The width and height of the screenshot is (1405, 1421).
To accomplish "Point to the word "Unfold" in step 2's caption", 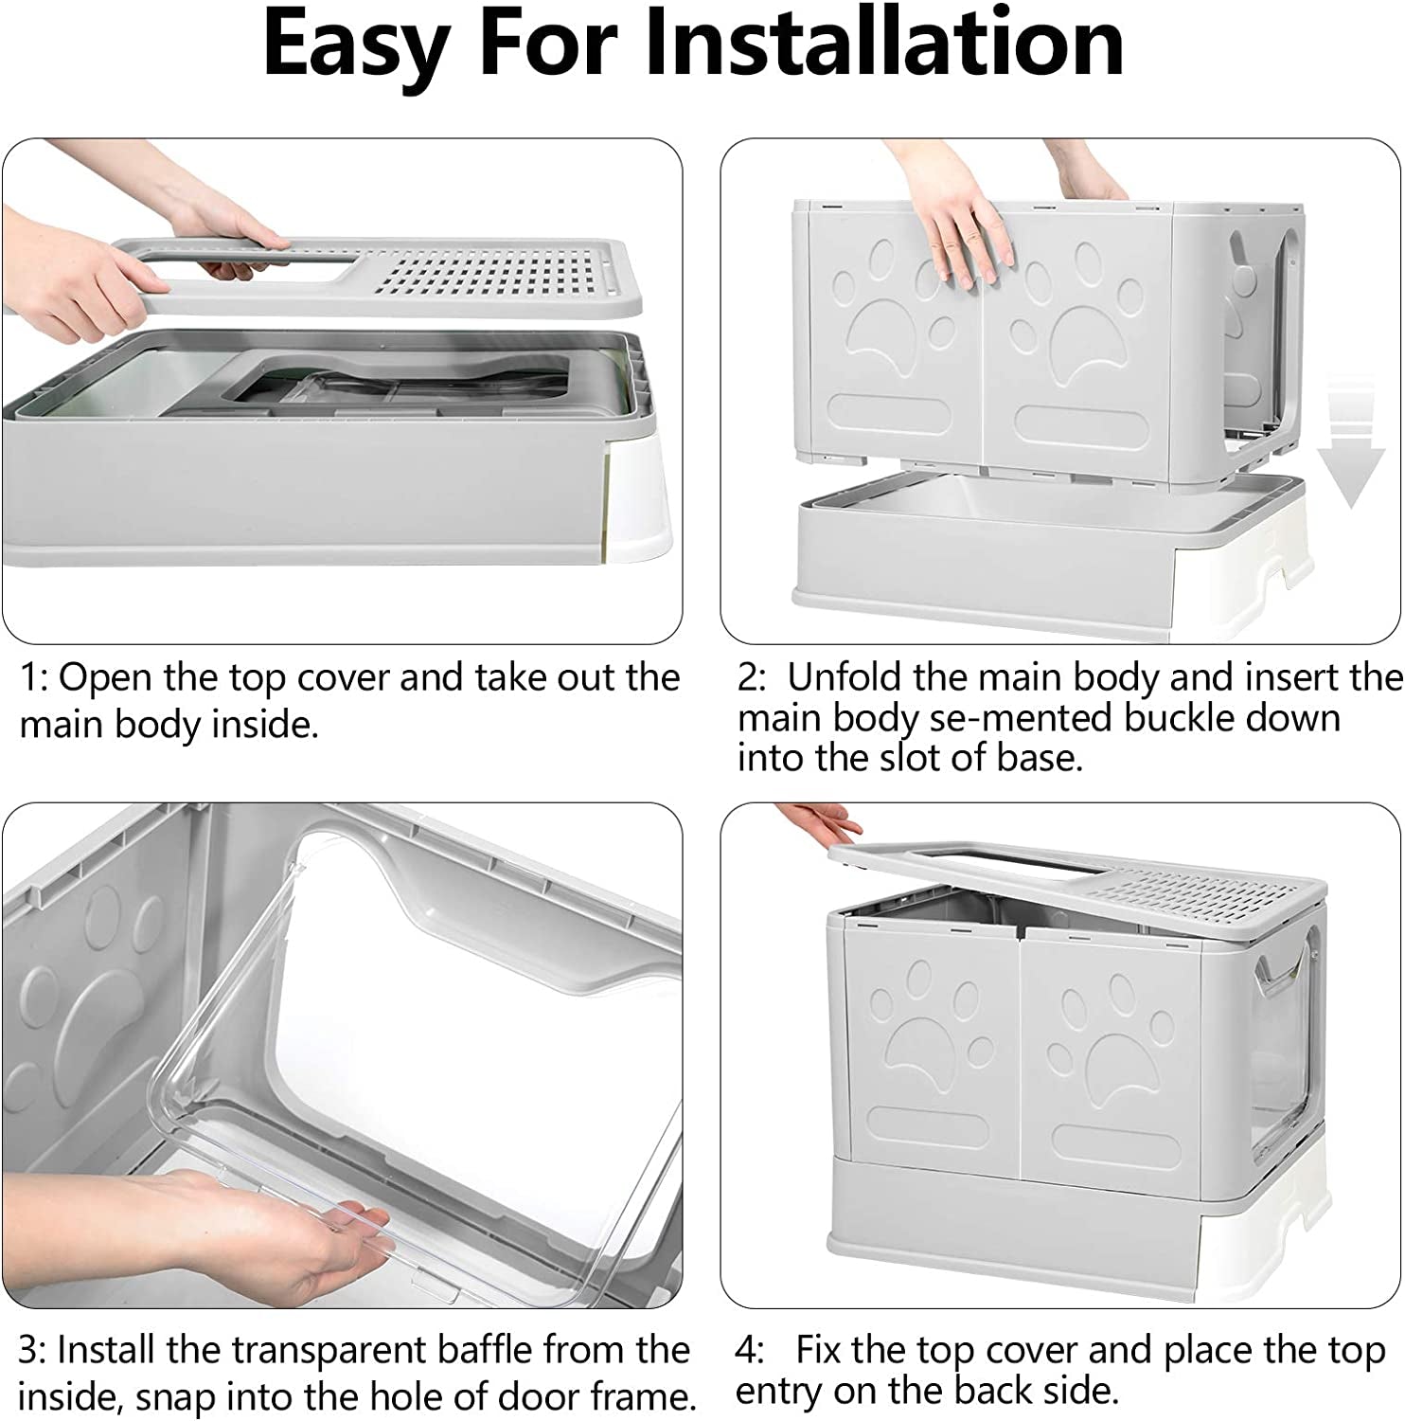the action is [x=845, y=677].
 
